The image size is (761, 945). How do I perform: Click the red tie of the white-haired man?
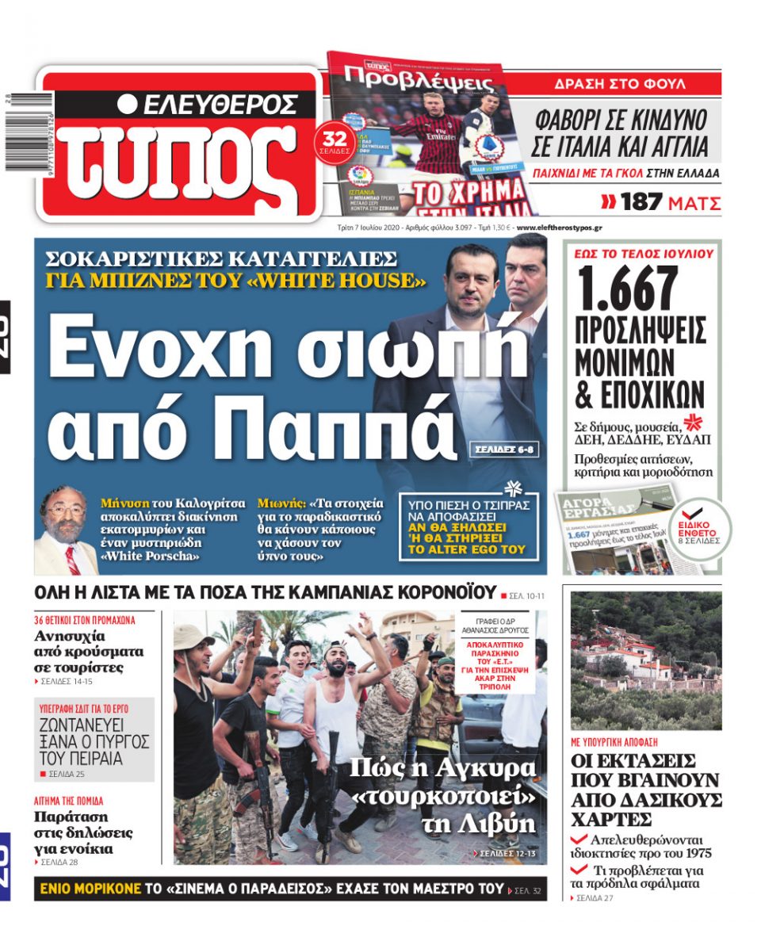tap(73, 558)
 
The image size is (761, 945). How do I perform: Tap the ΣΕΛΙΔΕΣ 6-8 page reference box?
tap(503, 449)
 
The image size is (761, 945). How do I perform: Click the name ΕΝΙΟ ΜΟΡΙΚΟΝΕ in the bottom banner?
tap(93, 889)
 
